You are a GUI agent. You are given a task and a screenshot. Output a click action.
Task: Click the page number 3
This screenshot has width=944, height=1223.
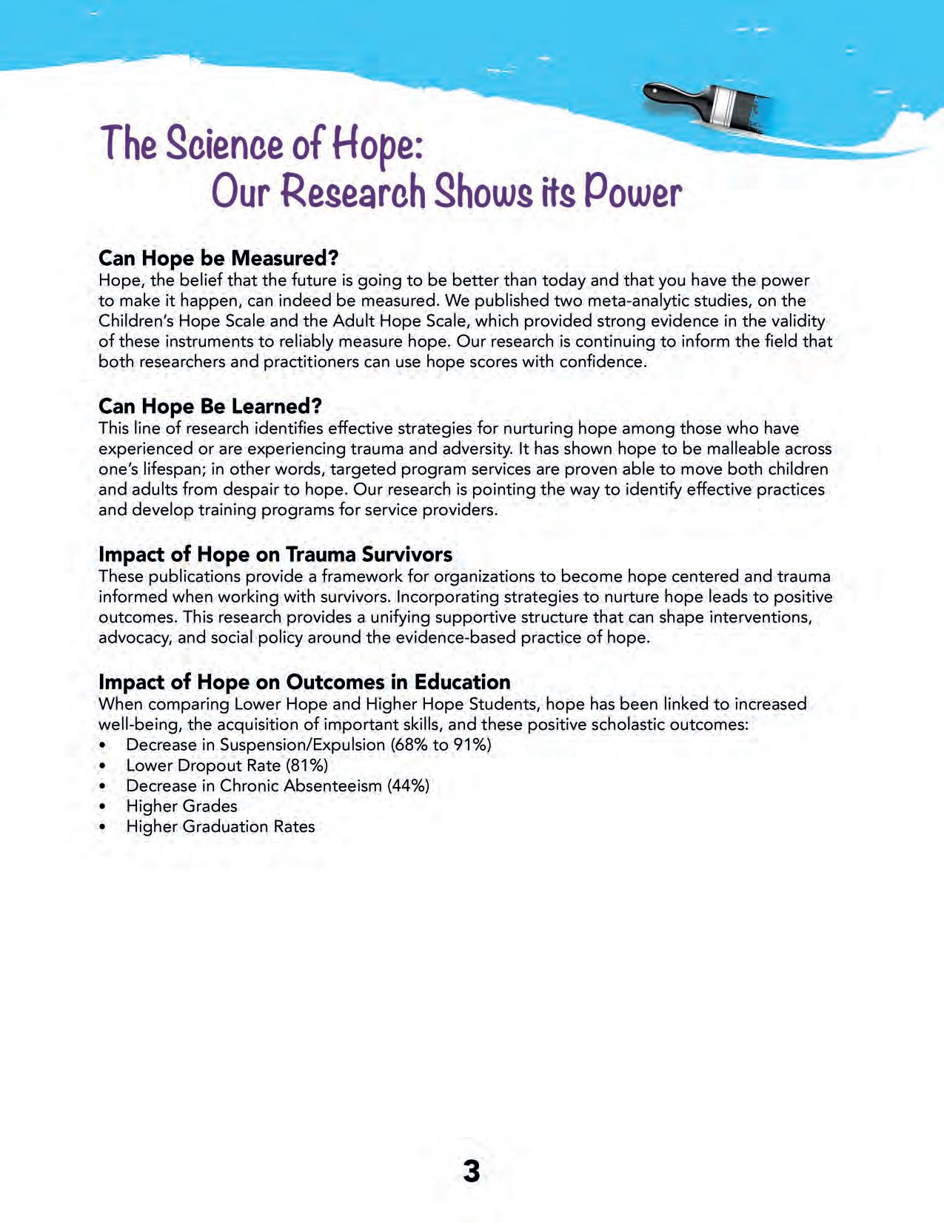click(x=472, y=1171)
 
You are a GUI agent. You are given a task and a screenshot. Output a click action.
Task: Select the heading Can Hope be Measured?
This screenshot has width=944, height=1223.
click(x=218, y=258)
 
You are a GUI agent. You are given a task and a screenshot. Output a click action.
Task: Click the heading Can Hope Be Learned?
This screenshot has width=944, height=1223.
click(x=210, y=406)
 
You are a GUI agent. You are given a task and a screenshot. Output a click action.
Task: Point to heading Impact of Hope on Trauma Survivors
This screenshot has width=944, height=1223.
click(x=275, y=554)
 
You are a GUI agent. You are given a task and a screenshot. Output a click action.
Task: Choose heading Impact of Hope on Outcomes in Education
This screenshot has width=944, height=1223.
click(x=304, y=682)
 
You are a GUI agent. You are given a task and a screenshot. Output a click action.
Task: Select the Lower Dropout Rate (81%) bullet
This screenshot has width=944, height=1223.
click(x=227, y=765)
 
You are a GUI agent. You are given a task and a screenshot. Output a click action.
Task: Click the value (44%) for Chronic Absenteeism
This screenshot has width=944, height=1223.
click(x=408, y=785)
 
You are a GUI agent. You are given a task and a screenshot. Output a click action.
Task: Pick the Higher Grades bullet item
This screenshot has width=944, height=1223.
click(x=181, y=806)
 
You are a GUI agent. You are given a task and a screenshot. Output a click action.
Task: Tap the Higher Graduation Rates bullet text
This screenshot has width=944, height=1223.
click(x=221, y=826)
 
